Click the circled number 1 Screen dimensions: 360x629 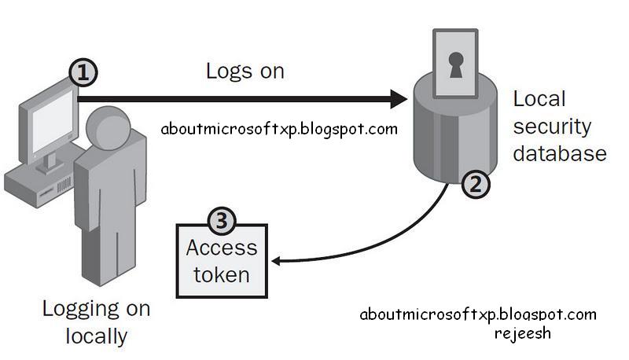83,73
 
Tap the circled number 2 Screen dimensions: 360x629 475,184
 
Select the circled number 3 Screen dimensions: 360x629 221,222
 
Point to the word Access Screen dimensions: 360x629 221,248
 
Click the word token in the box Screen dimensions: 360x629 221,275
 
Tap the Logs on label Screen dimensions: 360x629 245,71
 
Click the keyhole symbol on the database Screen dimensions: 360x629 456,68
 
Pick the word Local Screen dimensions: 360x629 539,100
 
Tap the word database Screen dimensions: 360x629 559,152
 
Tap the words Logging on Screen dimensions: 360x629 95,309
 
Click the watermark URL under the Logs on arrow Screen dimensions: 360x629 278,129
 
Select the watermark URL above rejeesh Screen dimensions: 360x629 477,314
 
